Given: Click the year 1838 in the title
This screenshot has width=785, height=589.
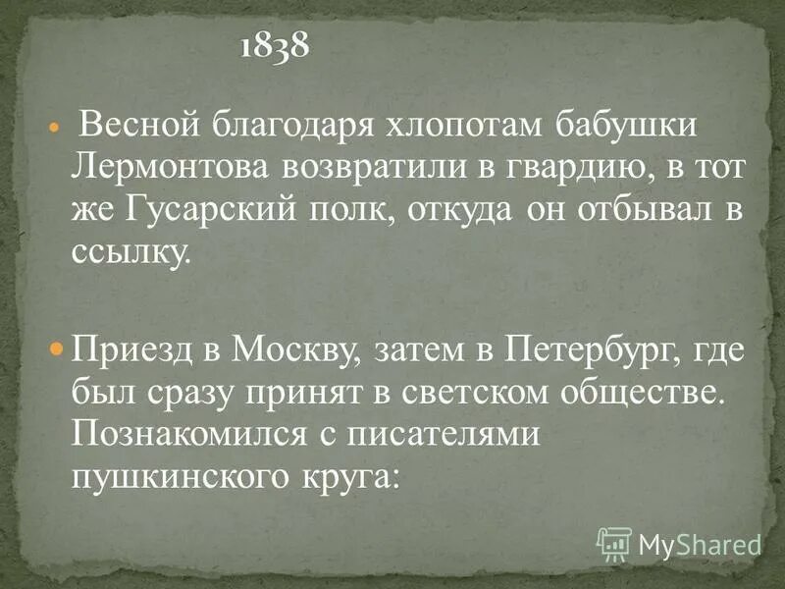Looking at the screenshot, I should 275,46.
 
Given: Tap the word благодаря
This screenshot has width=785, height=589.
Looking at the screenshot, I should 283,128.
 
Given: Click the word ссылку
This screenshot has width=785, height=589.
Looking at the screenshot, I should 128,252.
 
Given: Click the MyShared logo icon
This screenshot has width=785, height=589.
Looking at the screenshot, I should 613,542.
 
